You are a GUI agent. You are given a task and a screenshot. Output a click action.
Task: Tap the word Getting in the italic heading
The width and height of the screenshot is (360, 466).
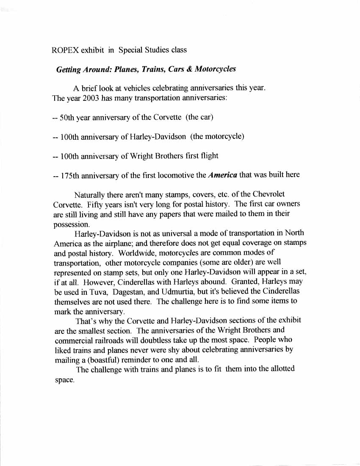click(x=69, y=69)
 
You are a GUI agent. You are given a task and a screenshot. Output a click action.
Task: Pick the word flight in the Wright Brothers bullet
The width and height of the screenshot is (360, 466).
click(x=208, y=156)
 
